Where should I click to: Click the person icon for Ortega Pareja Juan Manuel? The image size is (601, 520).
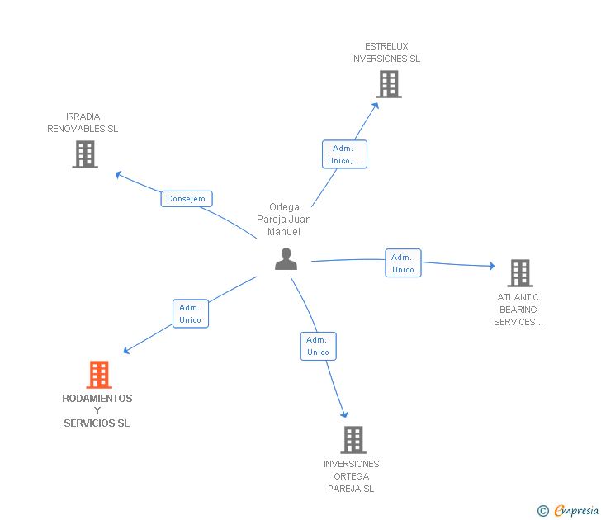(286, 259)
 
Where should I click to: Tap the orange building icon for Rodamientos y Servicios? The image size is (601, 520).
(98, 375)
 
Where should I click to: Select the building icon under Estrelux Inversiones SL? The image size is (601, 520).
(389, 84)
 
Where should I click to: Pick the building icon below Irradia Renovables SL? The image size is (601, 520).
(85, 154)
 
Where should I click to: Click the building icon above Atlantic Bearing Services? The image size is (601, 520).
(519, 273)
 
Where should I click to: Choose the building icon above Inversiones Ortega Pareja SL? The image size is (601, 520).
(353, 440)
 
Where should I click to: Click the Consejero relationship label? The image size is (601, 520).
(187, 199)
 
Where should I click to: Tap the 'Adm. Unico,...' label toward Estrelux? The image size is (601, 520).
(343, 154)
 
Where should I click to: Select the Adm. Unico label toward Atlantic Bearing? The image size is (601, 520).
(403, 263)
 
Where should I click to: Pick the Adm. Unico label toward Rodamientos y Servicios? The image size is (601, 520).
(191, 314)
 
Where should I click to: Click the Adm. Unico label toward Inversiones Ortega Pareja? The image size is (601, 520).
(318, 346)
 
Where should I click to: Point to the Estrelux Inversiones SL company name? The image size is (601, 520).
(386, 53)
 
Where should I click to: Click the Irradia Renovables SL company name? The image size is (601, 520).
(83, 123)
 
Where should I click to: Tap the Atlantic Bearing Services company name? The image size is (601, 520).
(518, 310)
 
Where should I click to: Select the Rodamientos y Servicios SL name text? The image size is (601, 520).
(97, 411)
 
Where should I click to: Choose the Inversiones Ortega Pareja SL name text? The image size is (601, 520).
(352, 476)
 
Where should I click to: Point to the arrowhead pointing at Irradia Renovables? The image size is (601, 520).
(118, 173)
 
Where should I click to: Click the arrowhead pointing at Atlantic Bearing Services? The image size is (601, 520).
(491, 266)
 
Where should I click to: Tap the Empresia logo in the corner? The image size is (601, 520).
(570, 511)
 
